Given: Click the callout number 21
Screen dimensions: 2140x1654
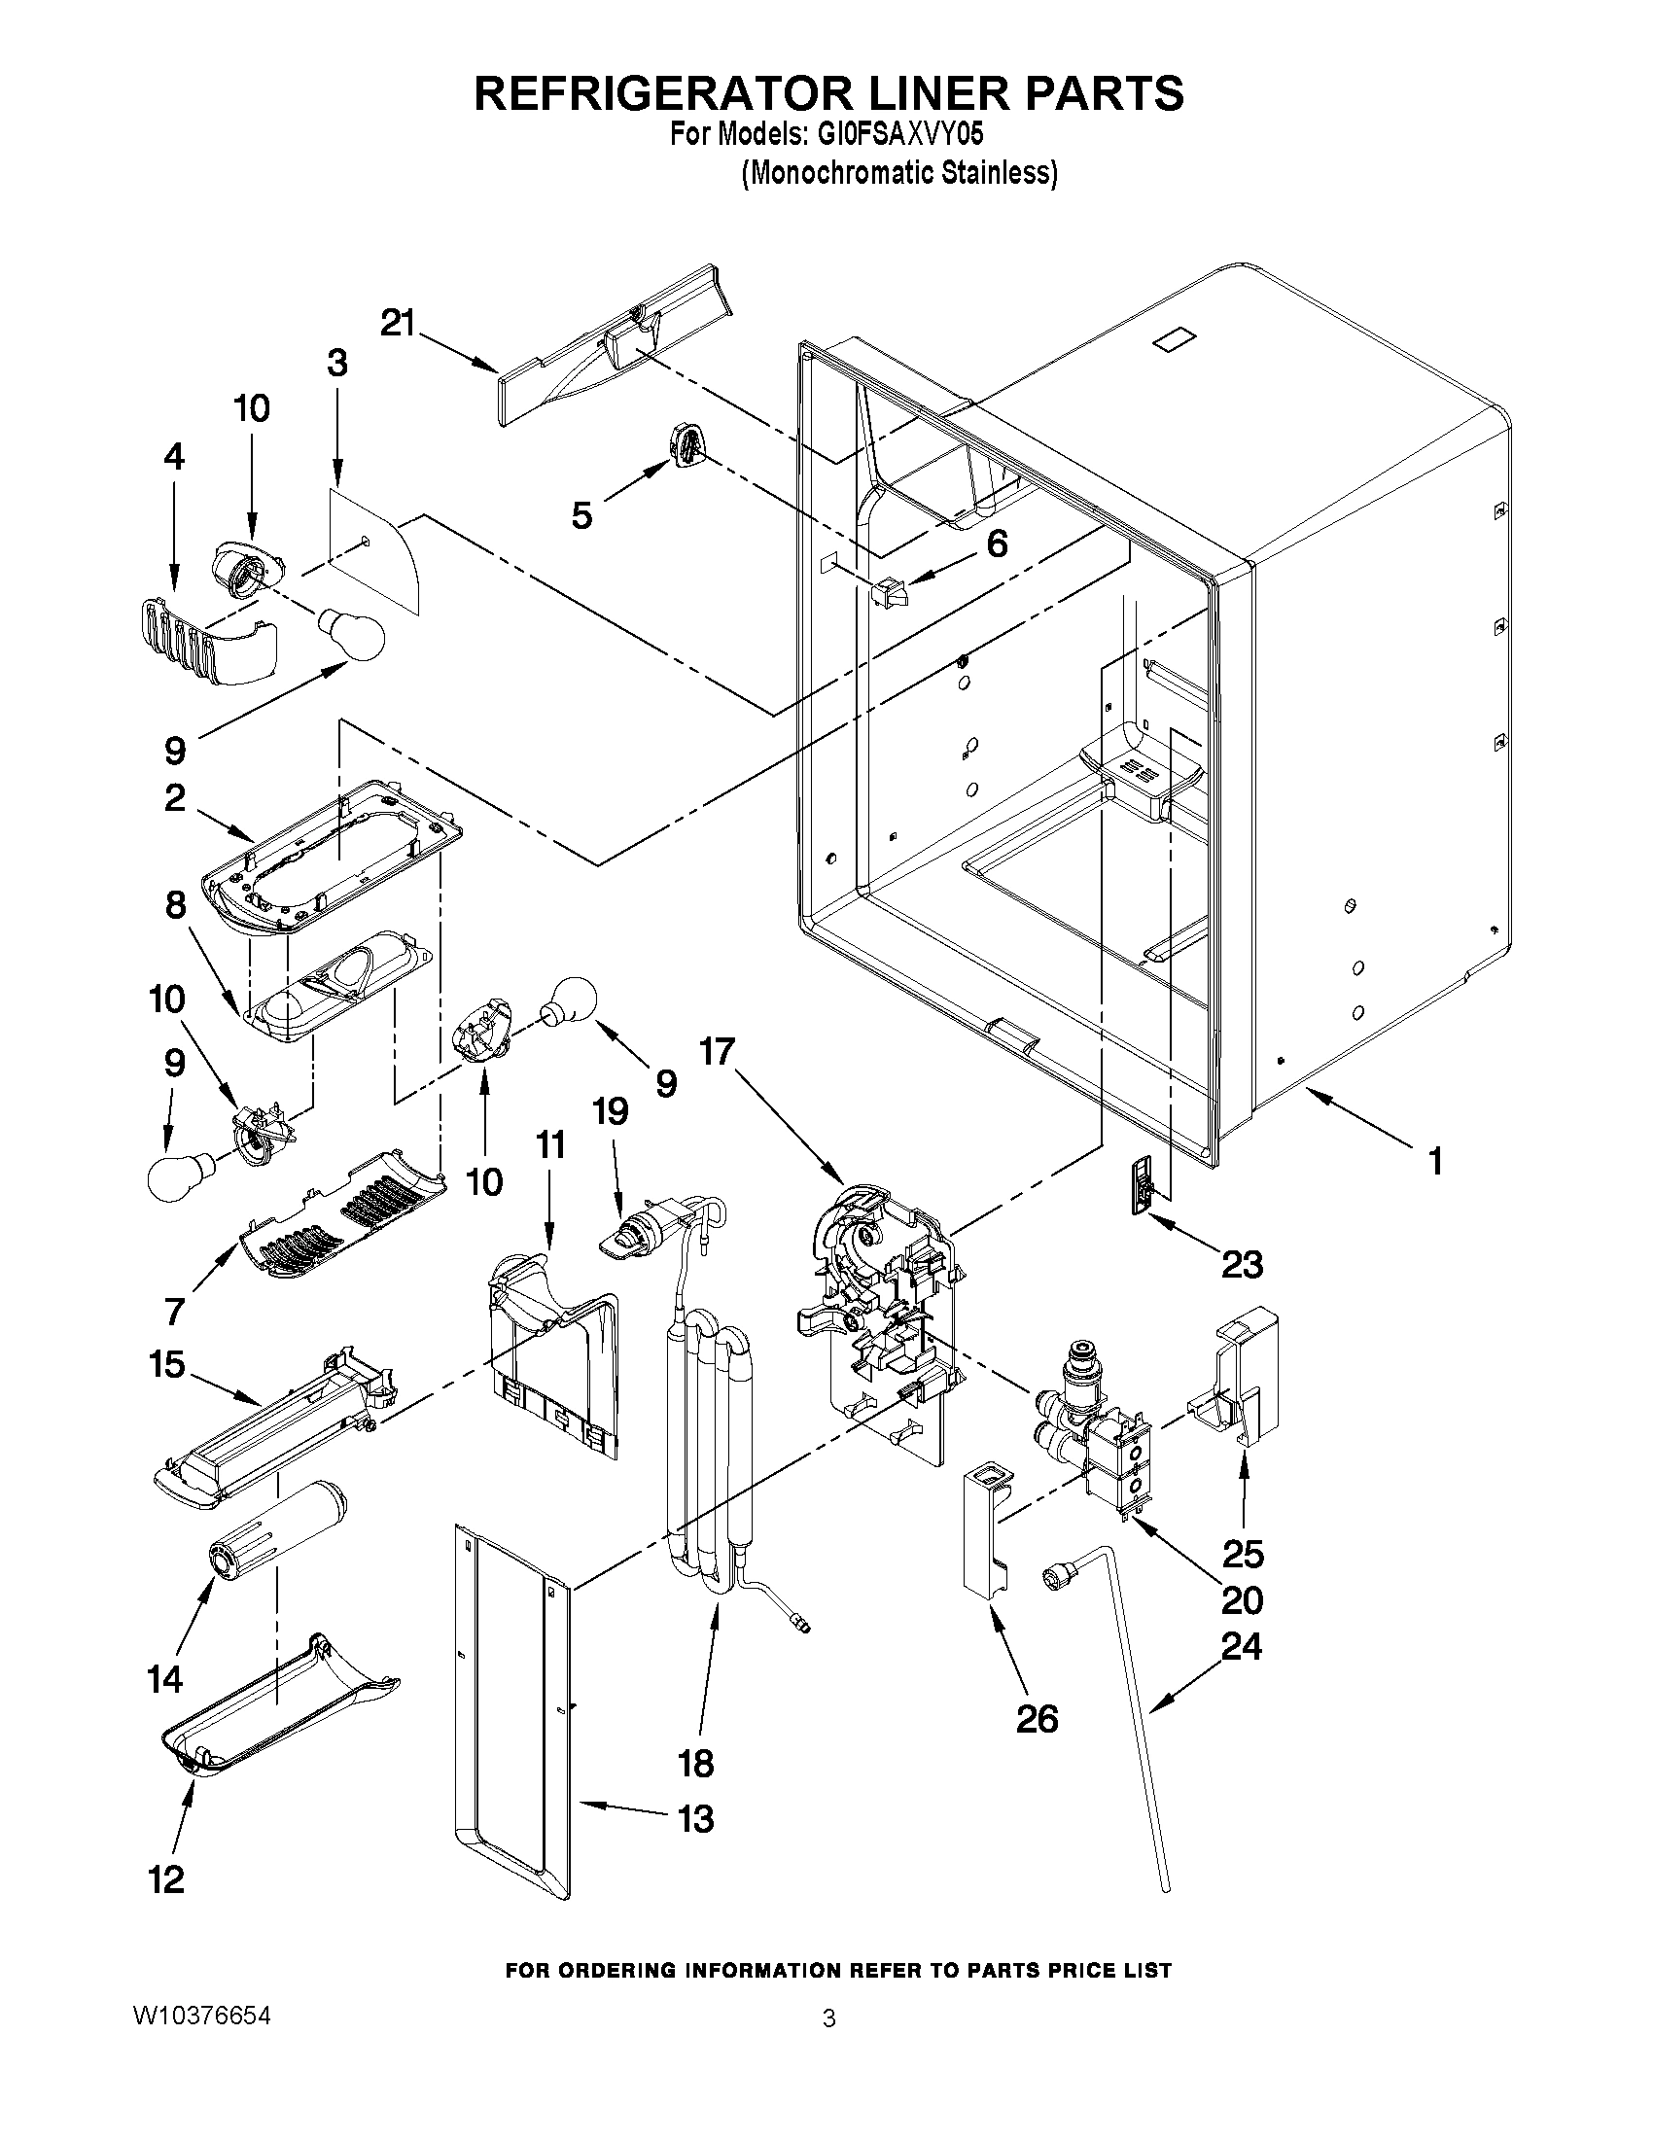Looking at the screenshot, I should (x=398, y=323).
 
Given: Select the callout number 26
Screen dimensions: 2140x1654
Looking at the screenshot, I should (x=1037, y=1719).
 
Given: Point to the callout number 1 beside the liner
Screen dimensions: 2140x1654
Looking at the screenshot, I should (x=1434, y=1162).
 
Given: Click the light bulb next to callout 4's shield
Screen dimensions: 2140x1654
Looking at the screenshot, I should (x=350, y=634).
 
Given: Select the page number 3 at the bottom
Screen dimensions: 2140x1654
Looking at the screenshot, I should (x=829, y=2018).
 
